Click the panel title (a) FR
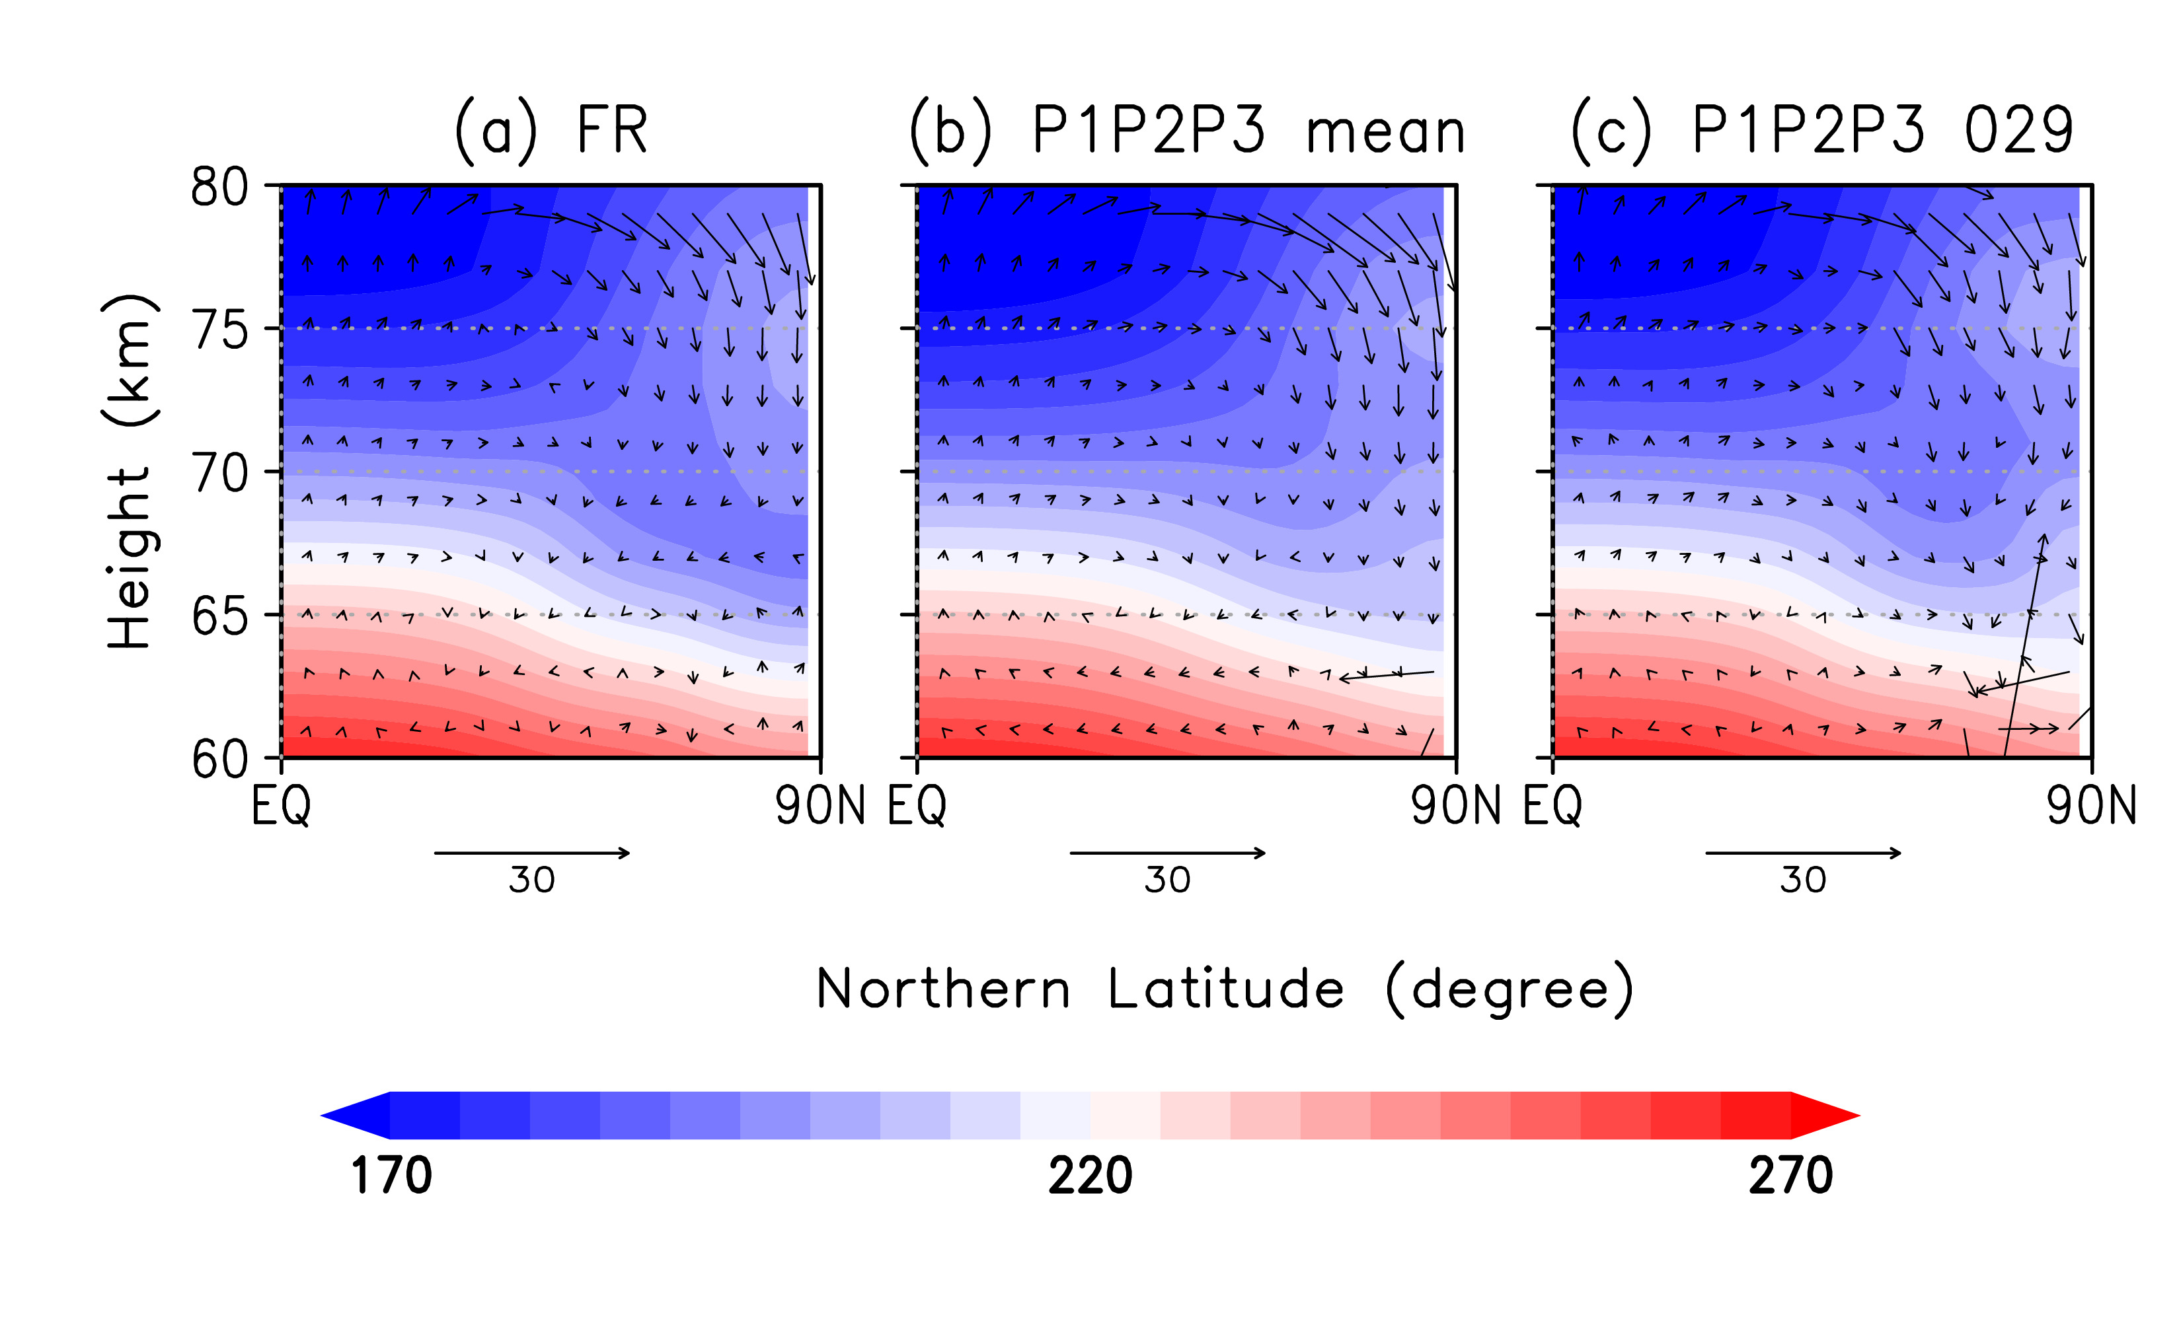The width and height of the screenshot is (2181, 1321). click(x=551, y=131)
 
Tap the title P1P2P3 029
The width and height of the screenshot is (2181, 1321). click(x=1823, y=131)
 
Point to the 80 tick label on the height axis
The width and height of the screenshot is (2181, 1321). click(x=219, y=188)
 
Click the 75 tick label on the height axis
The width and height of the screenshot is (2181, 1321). click(x=219, y=331)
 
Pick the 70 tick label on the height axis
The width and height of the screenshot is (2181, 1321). click(x=219, y=474)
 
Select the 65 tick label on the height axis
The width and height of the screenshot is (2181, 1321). click(x=219, y=617)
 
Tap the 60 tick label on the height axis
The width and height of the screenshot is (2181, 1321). click(x=219, y=759)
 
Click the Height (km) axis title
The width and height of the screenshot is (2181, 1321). click(x=130, y=472)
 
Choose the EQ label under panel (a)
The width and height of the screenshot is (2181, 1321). click(x=281, y=806)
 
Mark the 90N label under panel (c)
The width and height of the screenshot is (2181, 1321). click(x=2090, y=806)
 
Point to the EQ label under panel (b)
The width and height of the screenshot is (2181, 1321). click(x=917, y=806)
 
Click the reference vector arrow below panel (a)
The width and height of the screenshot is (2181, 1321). click(x=532, y=853)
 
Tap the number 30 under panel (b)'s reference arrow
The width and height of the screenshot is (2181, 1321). click(x=1168, y=880)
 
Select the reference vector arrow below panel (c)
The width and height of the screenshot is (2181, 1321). click(x=1803, y=853)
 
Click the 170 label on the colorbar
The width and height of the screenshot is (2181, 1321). click(x=391, y=1176)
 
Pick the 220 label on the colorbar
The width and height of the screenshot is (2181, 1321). click(x=1090, y=1176)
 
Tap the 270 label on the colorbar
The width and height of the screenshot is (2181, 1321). click(x=1790, y=1176)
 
